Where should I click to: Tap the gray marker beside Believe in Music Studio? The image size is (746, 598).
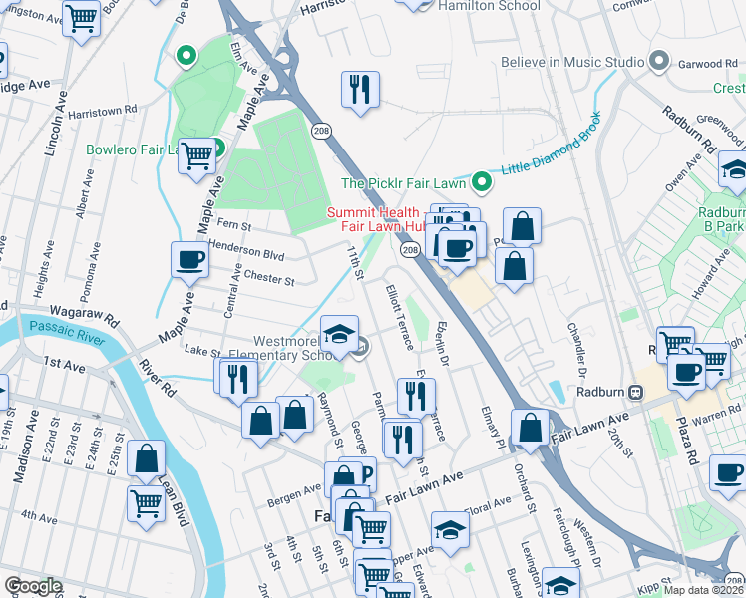pyautogui.click(x=658, y=62)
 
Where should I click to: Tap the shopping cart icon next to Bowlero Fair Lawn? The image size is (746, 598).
pyautogui.click(x=197, y=155)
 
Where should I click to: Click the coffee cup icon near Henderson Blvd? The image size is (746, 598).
pyautogui.click(x=189, y=261)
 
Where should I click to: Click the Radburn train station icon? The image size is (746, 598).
pyautogui.click(x=656, y=392)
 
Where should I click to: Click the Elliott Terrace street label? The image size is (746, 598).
pyautogui.click(x=400, y=317)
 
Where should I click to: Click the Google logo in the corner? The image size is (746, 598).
pyautogui.click(x=32, y=586)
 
